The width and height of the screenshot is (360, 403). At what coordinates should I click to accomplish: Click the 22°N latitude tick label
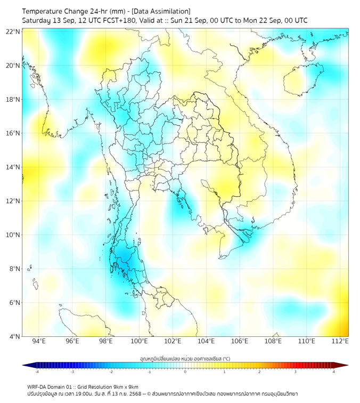[x=13, y=32]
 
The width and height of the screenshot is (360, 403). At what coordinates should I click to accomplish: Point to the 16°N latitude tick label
[x=13, y=133]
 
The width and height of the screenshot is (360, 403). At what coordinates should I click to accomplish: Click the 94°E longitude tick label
[x=39, y=341]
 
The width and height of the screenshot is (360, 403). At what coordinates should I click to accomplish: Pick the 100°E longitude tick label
[x=139, y=341]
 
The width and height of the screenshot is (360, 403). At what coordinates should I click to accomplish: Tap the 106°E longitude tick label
[x=240, y=341]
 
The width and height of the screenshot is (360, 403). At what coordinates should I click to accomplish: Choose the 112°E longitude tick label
[x=340, y=341]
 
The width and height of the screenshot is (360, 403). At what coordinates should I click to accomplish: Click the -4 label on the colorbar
[x=37, y=372]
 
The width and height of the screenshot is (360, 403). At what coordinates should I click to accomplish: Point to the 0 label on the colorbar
[x=185, y=372]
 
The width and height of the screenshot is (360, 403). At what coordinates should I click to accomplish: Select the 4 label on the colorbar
[x=334, y=372]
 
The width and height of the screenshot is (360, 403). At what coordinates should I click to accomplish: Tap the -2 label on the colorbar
[x=111, y=372]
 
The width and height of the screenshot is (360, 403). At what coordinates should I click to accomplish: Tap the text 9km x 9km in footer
[x=126, y=386]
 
